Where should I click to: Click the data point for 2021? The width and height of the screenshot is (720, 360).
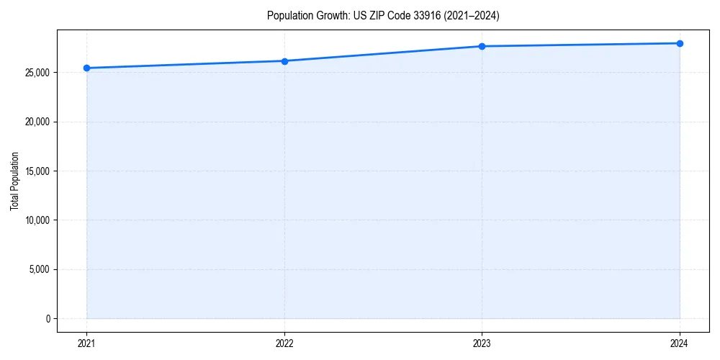tap(86, 68)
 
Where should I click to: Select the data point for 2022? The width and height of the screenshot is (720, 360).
tap(284, 61)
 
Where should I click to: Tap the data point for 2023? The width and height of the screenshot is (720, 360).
tap(482, 46)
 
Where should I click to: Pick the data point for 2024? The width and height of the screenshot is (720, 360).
tap(680, 43)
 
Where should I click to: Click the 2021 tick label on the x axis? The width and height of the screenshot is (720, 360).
tap(86, 343)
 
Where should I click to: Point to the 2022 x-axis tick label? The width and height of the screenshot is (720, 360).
tap(284, 343)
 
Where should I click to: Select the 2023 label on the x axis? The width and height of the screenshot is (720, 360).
tap(482, 343)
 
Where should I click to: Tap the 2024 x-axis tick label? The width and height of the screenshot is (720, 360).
tap(680, 343)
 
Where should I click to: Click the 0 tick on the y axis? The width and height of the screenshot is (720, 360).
tap(48, 318)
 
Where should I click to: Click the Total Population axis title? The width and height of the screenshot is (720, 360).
tap(14, 181)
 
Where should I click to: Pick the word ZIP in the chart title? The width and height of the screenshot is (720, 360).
tap(375, 15)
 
